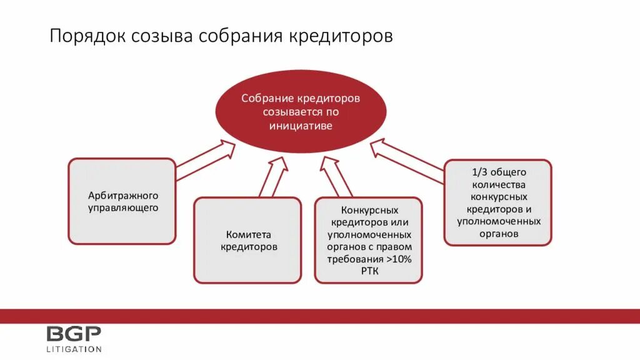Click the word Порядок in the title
(87, 36)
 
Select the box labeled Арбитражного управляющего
(122, 201)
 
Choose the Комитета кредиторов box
(248, 240)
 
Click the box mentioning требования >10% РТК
(369, 240)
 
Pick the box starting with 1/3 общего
(498, 202)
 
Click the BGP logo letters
(73, 334)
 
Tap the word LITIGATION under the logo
(74, 349)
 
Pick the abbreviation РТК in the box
(369, 271)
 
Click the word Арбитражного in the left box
(123, 196)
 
